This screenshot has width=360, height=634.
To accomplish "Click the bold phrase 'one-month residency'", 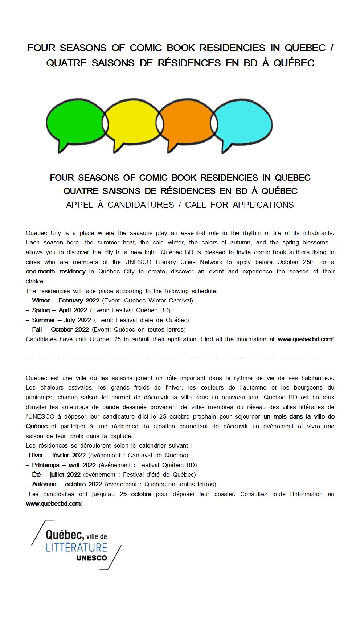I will click(56, 271).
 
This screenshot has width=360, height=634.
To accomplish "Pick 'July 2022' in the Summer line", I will click(77, 320).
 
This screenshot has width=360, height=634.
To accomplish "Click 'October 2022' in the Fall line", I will click(70, 329).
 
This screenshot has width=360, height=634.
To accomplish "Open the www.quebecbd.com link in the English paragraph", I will click(305, 339).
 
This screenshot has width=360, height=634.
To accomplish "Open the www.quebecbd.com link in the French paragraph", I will click(54, 503).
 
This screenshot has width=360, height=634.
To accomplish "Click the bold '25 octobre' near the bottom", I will click(135, 494).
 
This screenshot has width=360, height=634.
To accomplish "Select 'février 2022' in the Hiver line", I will click(69, 455).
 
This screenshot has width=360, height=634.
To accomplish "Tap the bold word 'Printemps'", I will click(45, 465).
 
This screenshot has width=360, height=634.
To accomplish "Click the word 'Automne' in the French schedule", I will click(44, 484).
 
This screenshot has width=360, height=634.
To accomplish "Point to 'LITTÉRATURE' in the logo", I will click(76, 547).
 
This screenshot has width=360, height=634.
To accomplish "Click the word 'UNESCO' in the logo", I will click(91, 558).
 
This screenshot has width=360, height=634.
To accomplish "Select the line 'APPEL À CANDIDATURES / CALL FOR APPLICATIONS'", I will click(180, 205).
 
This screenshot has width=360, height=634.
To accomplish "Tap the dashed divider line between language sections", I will click(172, 359).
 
